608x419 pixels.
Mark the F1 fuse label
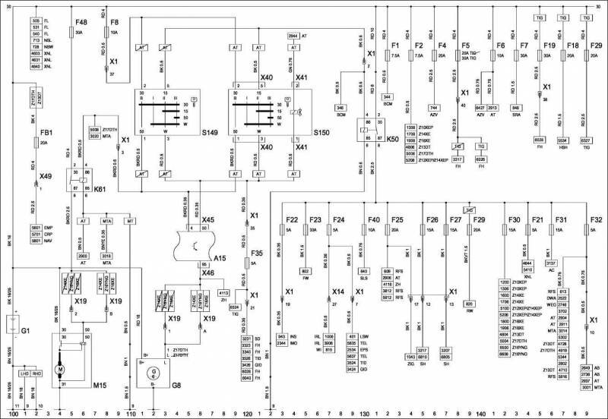394,45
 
